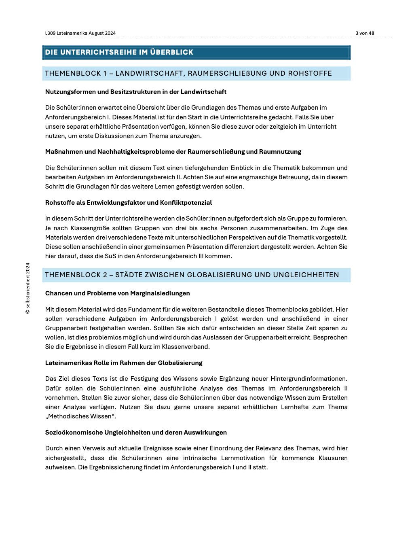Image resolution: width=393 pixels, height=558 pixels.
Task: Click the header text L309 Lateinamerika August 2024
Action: [80, 33]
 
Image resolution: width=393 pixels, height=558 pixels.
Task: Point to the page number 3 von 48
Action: [365, 33]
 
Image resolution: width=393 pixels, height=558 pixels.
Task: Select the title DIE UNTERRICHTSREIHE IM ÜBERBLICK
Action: [119, 52]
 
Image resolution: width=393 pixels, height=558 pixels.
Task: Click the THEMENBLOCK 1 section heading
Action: [188, 73]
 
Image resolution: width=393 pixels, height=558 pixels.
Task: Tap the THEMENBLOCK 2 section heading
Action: [192, 275]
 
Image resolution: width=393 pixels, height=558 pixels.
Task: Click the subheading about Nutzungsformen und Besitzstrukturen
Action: [136, 92]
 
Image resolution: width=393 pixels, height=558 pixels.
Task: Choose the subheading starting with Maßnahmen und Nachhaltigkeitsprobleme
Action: [173, 152]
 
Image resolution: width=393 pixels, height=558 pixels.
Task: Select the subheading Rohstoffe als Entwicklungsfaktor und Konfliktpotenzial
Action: [129, 203]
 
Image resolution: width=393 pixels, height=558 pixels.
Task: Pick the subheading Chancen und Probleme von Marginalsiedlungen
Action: [118, 293]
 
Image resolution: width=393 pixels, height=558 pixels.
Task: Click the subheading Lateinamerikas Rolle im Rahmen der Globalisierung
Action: [124, 363]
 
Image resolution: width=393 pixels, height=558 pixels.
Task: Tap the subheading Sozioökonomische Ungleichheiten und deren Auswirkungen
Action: [136, 433]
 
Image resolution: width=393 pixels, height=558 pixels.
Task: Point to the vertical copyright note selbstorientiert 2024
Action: [27, 288]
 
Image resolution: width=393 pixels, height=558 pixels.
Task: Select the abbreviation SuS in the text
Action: [110, 256]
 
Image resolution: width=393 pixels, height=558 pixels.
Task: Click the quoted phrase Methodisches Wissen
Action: [80, 416]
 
